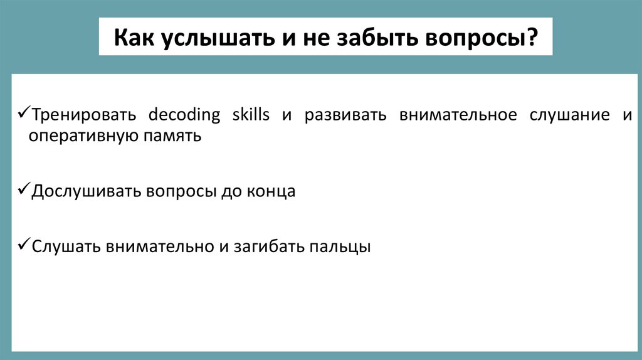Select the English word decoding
pyautogui.click(x=184, y=116)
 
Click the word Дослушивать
pyautogui.click(x=87, y=191)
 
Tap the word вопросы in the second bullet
pyautogui.click(x=181, y=191)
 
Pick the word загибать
pyautogui.click(x=269, y=246)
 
